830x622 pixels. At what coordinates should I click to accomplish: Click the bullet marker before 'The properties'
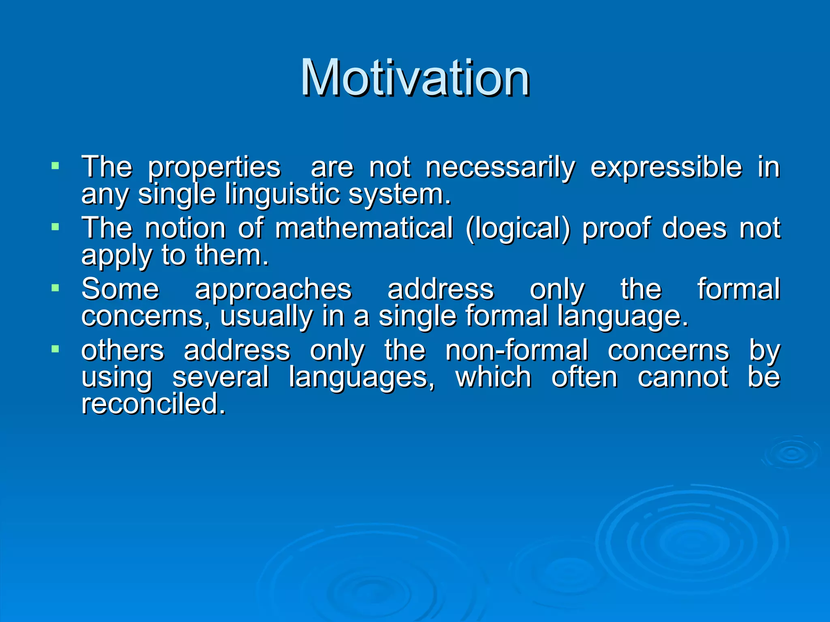pyautogui.click(x=56, y=166)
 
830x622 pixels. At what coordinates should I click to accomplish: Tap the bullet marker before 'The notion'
pyautogui.click(x=56, y=227)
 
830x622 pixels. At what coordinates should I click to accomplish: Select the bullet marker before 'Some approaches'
pyautogui.click(x=56, y=288)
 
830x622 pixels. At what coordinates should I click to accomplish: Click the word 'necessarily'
pyautogui.click(x=500, y=168)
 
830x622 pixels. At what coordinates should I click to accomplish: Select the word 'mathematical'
pyautogui.click(x=364, y=228)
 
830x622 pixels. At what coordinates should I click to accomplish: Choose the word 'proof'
pyautogui.click(x=616, y=229)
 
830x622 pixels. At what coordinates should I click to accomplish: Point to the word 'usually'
pyautogui.click(x=266, y=317)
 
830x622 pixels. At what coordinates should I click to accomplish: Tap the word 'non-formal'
pyautogui.click(x=516, y=350)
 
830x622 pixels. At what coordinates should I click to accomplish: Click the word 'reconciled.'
pyautogui.click(x=153, y=404)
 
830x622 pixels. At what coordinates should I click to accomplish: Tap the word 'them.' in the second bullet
pyautogui.click(x=232, y=256)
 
